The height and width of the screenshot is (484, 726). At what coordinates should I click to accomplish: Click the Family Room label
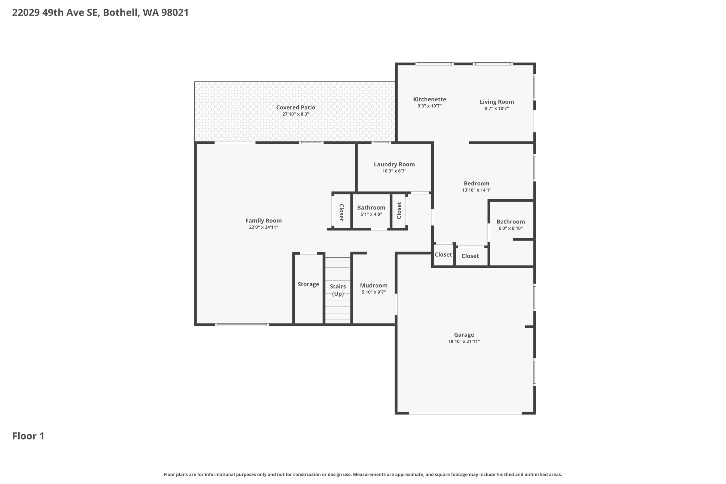[x=263, y=220]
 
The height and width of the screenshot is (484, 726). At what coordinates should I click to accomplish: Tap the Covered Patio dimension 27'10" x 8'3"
[x=296, y=114]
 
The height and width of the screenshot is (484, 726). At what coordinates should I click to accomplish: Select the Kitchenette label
[x=429, y=99]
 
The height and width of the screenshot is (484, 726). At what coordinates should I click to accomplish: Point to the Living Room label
[x=497, y=102]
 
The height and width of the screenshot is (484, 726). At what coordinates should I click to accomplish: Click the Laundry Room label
[x=394, y=164]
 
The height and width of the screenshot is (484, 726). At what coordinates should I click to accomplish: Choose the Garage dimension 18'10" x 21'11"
[x=464, y=341]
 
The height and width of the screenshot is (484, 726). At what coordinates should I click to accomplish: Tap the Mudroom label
[x=373, y=286]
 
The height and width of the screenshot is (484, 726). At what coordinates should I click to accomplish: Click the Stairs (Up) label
[x=338, y=290]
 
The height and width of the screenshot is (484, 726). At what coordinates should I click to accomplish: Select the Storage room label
[x=308, y=284]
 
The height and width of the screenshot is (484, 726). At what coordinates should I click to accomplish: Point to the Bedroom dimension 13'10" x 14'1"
[x=476, y=190]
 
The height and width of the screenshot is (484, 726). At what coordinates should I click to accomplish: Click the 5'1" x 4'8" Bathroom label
[x=371, y=208]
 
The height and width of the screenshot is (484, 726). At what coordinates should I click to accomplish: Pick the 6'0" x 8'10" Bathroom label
[x=510, y=222]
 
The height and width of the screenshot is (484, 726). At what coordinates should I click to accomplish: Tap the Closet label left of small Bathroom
[x=341, y=212]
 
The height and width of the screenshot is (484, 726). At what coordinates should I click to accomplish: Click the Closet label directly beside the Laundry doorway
[x=399, y=210]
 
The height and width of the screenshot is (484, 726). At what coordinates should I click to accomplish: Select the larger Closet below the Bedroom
[x=470, y=256]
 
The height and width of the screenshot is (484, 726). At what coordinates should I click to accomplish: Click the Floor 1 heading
[x=28, y=436]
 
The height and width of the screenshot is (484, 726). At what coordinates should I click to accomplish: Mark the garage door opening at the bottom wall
[x=465, y=413]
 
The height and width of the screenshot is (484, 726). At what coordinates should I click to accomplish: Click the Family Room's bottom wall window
[x=242, y=325]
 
